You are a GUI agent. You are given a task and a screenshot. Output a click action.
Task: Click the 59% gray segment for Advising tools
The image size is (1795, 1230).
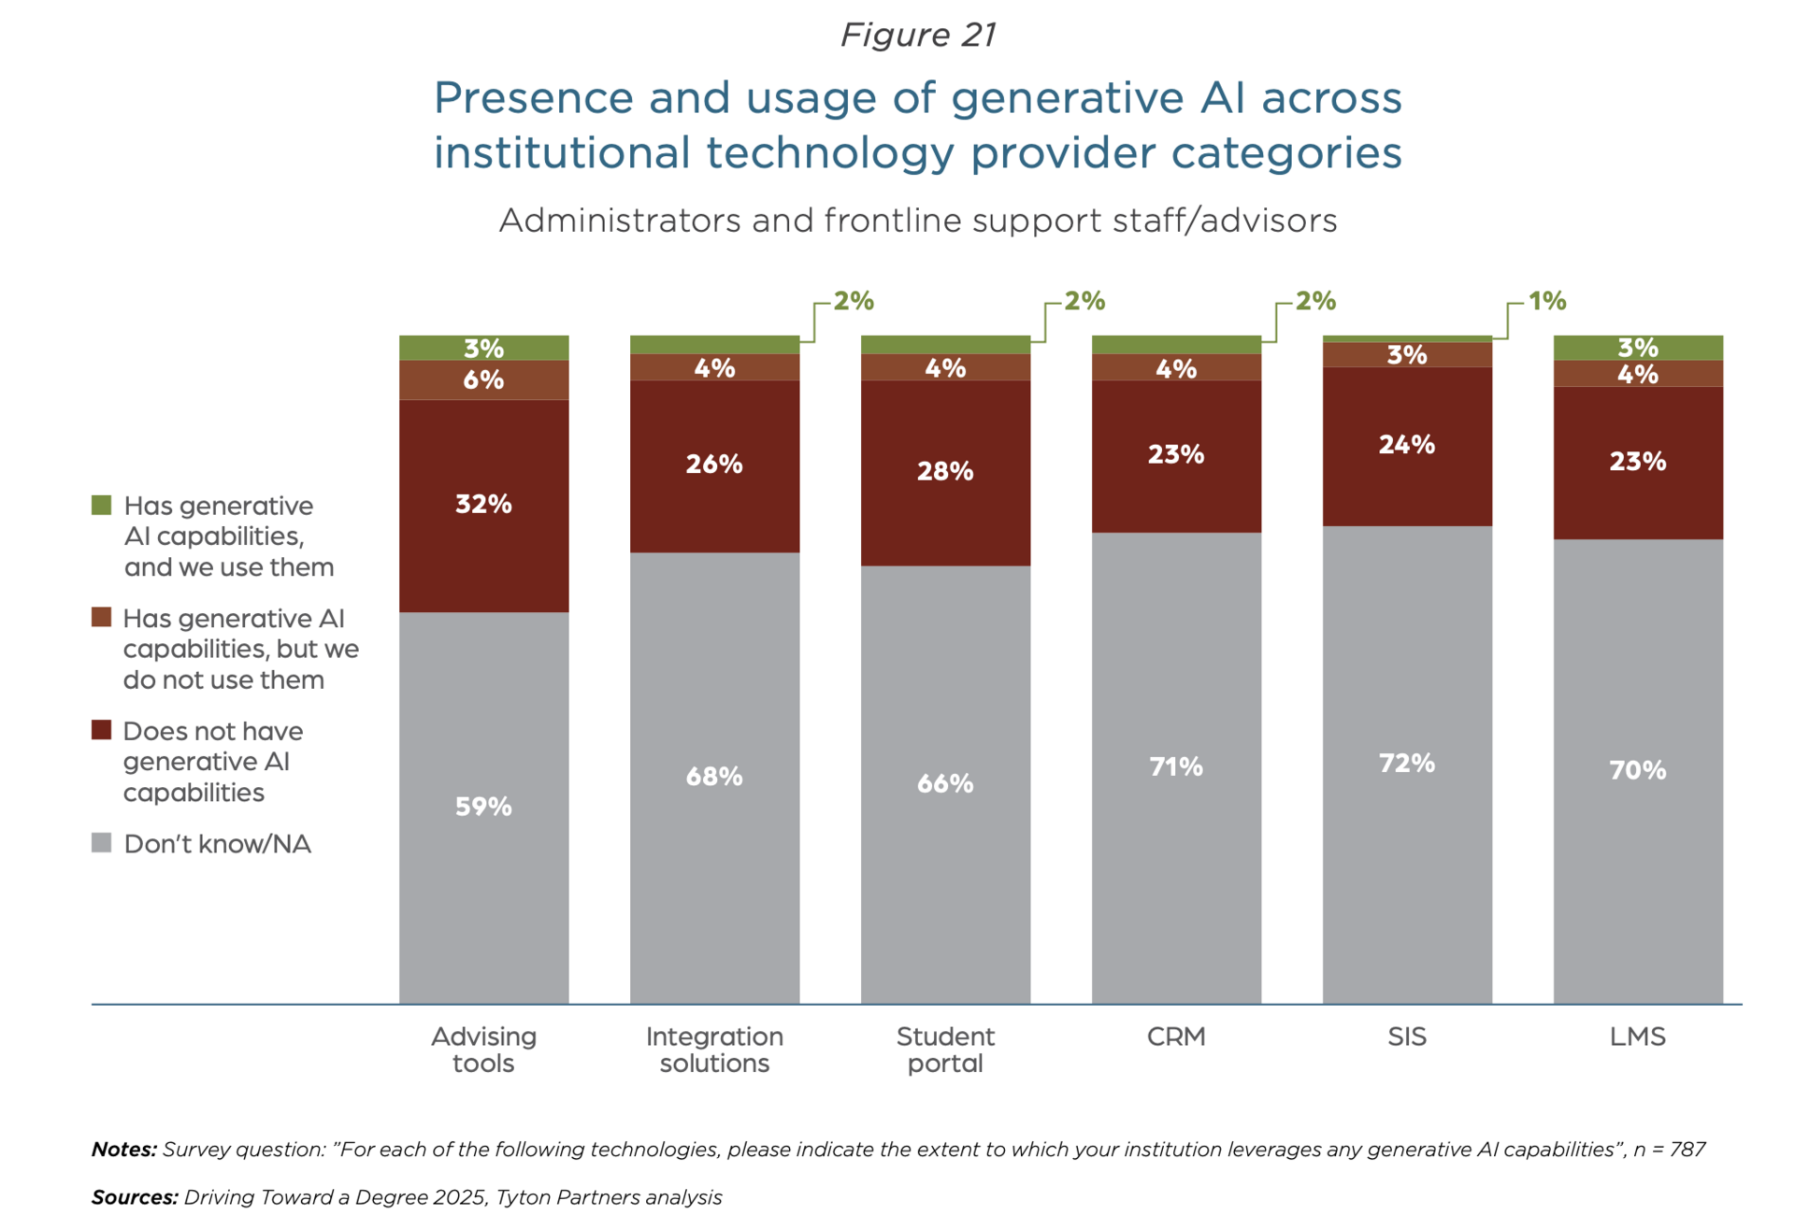pyautogui.click(x=483, y=807)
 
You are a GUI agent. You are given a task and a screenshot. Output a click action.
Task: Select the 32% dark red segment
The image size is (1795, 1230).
pyautogui.click(x=483, y=505)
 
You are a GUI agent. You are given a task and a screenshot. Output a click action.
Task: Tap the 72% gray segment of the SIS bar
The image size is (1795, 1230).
pyautogui.click(x=1406, y=764)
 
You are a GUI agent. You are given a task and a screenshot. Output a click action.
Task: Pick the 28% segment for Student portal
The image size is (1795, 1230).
pyautogui.click(x=945, y=471)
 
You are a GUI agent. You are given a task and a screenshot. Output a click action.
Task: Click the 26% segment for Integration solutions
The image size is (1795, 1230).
pyautogui.click(x=714, y=465)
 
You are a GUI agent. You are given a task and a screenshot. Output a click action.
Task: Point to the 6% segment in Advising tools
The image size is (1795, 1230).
pyautogui.click(x=483, y=379)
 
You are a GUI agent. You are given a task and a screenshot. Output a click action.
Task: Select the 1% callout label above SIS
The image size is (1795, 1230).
pyautogui.click(x=1546, y=301)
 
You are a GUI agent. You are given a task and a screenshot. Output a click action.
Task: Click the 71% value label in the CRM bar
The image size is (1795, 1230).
pyautogui.click(x=1176, y=767)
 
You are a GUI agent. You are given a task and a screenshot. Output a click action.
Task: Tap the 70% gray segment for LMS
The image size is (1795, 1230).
pyautogui.click(x=1637, y=770)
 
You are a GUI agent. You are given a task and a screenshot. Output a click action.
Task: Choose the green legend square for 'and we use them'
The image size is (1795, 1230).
pyautogui.click(x=102, y=506)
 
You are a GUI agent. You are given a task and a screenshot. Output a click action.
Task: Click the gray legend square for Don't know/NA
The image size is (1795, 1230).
pyautogui.click(x=102, y=843)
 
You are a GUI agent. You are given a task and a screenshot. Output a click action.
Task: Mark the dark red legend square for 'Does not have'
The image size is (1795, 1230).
pyautogui.click(x=102, y=730)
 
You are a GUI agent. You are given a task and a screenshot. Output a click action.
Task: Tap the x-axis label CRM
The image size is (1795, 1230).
pyautogui.click(x=1176, y=1037)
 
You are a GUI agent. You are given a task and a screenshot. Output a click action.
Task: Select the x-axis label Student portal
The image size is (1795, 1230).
pyautogui.click(x=945, y=1050)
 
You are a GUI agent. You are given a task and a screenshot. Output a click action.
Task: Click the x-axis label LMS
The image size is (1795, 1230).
pyautogui.click(x=1637, y=1037)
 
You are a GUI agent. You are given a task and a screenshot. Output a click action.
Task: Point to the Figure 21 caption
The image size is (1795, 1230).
pyautogui.click(x=918, y=35)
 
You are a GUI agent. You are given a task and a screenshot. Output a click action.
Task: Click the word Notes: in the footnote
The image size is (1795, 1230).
pyautogui.click(x=123, y=1150)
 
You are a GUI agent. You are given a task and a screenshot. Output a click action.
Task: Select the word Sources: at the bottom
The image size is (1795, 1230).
pyautogui.click(x=134, y=1197)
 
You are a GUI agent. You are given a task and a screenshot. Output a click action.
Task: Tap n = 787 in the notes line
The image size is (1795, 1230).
pyautogui.click(x=1670, y=1150)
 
